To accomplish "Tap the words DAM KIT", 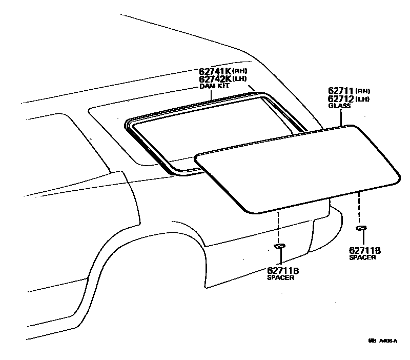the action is tap(214, 87).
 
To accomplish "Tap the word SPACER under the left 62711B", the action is tap(280, 277).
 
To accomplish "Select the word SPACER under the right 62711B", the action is tap(363, 257).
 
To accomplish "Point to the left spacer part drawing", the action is tap(280, 247).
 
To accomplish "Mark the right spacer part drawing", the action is tap(362, 227).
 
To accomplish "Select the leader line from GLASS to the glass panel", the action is tap(340, 116).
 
